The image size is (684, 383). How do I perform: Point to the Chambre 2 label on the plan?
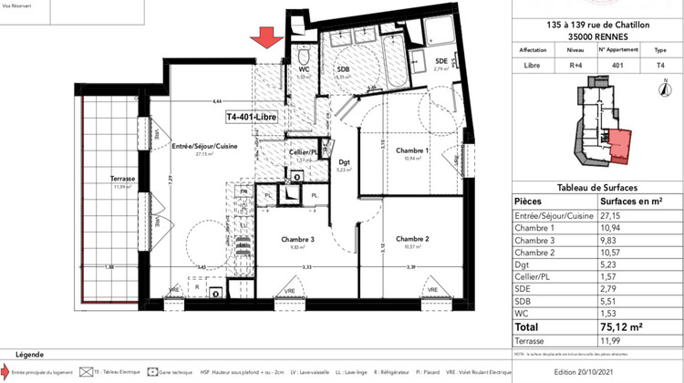pos(412,239)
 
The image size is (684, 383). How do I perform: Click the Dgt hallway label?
pos(344,161)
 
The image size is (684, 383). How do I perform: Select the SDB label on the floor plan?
pos(344,69)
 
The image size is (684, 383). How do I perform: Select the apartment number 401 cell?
pos(617,65)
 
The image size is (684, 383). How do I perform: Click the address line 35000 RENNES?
pos(597,36)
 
